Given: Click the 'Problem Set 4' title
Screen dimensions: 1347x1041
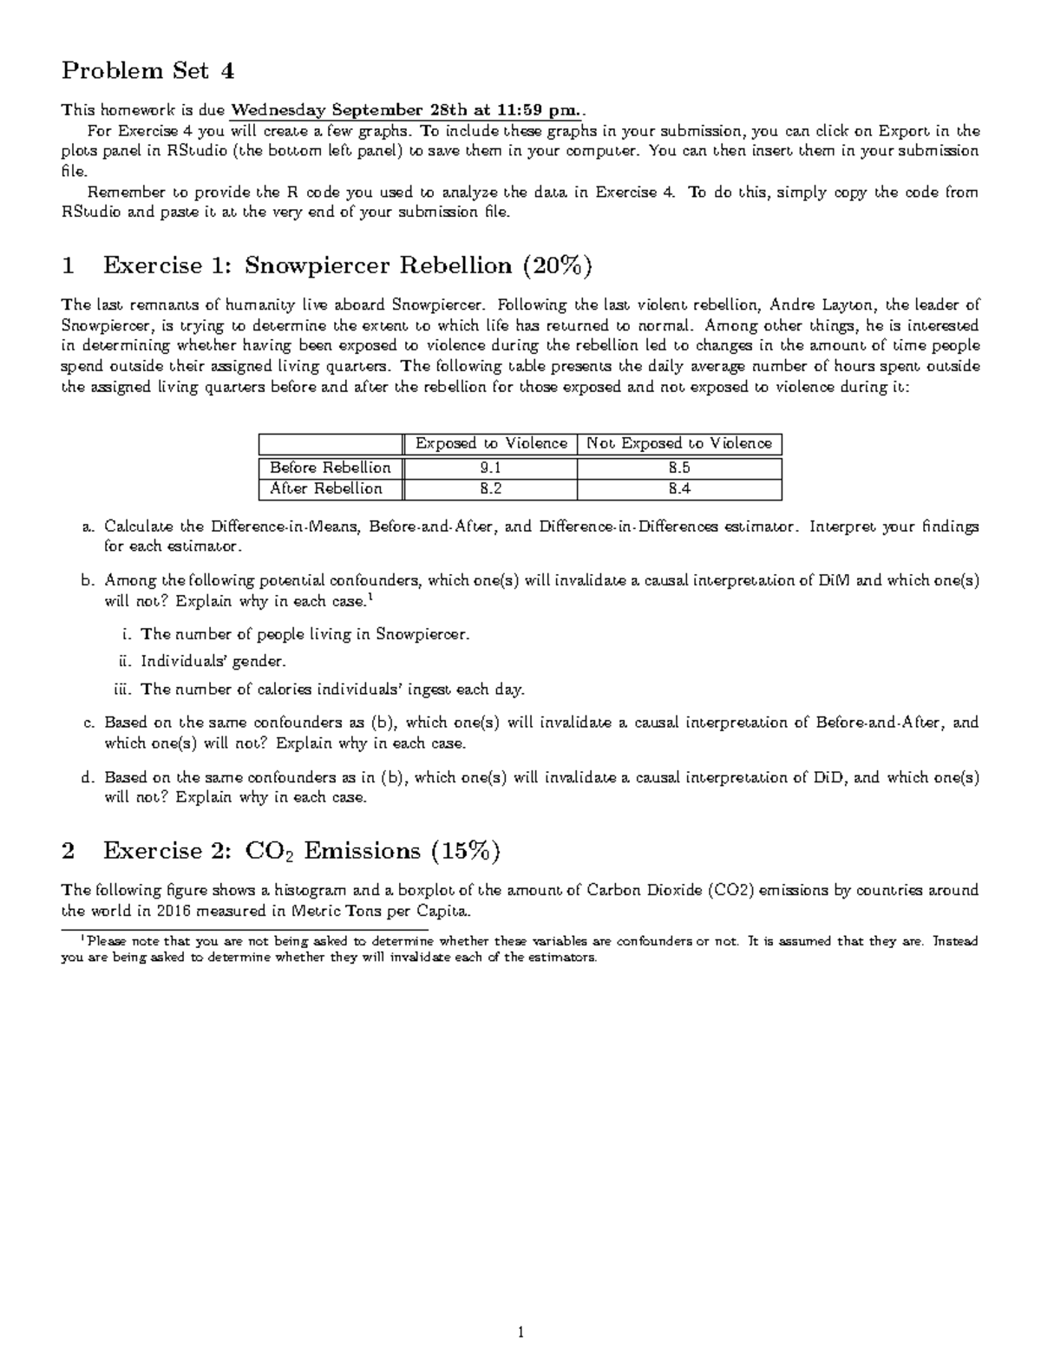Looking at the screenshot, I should click(147, 70).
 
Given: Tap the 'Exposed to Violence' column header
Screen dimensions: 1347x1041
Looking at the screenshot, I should click(491, 443).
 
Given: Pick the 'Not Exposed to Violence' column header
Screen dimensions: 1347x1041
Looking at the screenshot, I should click(679, 443).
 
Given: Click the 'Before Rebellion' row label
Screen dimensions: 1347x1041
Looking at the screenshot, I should click(331, 468).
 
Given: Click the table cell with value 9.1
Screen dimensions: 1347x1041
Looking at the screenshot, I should click(490, 468).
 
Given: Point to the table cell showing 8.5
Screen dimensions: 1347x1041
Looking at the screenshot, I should click(679, 468).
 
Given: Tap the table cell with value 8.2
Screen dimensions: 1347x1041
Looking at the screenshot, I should click(490, 488).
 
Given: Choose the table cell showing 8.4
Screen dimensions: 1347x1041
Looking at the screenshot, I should click(679, 488).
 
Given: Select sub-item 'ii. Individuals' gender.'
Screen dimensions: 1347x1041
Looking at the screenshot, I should click(213, 662).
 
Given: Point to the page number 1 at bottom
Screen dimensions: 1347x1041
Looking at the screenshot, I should click(520, 1331).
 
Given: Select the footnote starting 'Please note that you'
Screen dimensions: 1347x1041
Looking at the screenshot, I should click(520, 949).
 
